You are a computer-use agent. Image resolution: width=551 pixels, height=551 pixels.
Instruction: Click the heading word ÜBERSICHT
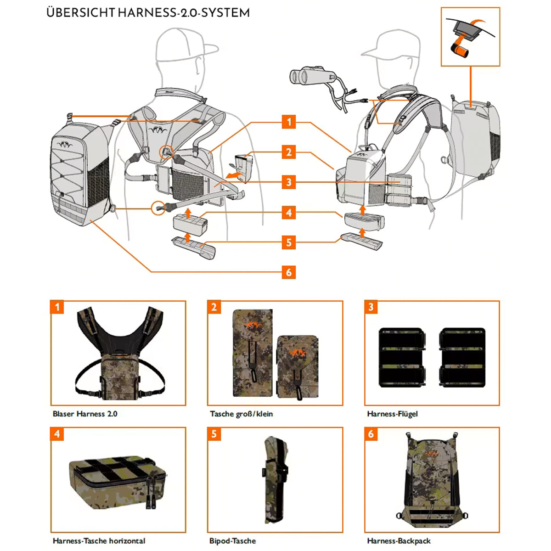(x=81, y=12)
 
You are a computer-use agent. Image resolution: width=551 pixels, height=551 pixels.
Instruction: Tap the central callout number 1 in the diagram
(x=289, y=122)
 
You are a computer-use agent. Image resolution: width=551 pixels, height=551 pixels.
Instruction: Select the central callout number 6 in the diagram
(x=289, y=272)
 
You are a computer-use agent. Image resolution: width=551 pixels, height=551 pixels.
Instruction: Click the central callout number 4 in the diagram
(x=289, y=213)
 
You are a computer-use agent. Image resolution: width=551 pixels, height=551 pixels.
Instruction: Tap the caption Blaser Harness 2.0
(x=85, y=414)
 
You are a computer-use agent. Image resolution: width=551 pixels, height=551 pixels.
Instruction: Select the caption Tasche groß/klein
(x=241, y=414)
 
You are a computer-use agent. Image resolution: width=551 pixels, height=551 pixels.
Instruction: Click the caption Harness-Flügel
(x=393, y=414)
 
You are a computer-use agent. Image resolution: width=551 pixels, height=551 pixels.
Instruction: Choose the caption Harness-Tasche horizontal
(x=99, y=541)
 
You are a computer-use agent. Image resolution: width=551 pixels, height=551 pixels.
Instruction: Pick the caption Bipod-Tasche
(x=232, y=541)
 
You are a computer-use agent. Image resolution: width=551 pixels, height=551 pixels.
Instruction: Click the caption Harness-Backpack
(x=399, y=541)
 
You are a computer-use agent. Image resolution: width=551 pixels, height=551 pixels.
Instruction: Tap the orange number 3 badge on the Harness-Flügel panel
(x=371, y=307)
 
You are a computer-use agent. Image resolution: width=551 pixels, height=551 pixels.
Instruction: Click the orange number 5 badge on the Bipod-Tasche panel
(x=214, y=434)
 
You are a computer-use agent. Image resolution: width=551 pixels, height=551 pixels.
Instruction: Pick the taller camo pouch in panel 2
(x=252, y=353)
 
